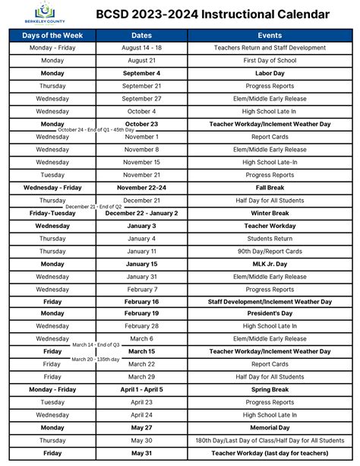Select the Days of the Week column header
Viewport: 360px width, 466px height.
[52, 35]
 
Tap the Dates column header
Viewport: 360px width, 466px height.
[141, 35]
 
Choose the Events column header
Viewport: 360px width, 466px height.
[270, 35]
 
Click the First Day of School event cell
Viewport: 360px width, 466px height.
[270, 60]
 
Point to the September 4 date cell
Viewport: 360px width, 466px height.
[141, 73]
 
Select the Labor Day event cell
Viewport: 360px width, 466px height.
[270, 73]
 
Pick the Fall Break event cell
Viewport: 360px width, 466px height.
[270, 187]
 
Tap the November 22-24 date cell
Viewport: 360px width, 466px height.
[141, 187]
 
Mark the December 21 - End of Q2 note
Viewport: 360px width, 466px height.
[93, 207]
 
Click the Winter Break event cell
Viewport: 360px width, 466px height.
[270, 213]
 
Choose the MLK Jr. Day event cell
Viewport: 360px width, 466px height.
[270, 264]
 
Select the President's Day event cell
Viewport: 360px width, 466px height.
[270, 313]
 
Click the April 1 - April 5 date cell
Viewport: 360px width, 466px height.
[141, 389]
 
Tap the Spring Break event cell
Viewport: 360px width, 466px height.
[270, 389]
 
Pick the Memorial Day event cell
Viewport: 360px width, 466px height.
[270, 427]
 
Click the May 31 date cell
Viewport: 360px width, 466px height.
[141, 453]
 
